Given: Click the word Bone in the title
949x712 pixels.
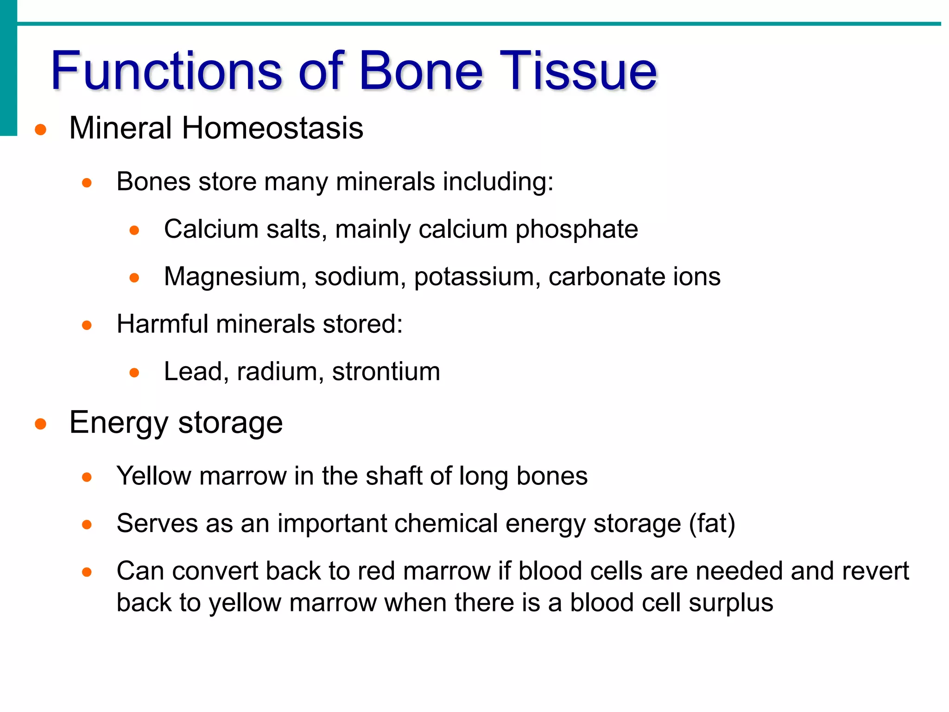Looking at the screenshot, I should [421, 71].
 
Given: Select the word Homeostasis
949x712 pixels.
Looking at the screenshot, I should [272, 128].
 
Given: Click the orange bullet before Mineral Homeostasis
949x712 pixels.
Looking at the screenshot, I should [41, 129].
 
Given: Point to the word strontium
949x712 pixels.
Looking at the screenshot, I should [386, 372].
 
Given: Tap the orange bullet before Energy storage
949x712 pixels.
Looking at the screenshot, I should [41, 424].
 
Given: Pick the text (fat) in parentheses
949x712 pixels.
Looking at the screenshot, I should [712, 524].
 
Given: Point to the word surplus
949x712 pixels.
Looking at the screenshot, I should [731, 603].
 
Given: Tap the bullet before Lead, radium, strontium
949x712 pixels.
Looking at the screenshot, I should [134, 373].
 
